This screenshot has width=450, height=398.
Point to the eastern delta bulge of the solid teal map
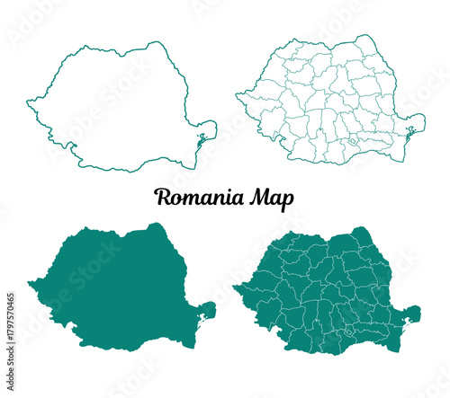tap(207, 313)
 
